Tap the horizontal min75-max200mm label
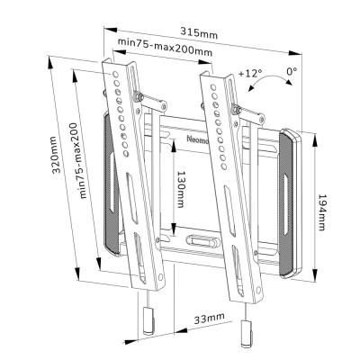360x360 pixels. pyautogui.click(x=163, y=50)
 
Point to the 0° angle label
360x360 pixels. pyautogui.click(x=292, y=70)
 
